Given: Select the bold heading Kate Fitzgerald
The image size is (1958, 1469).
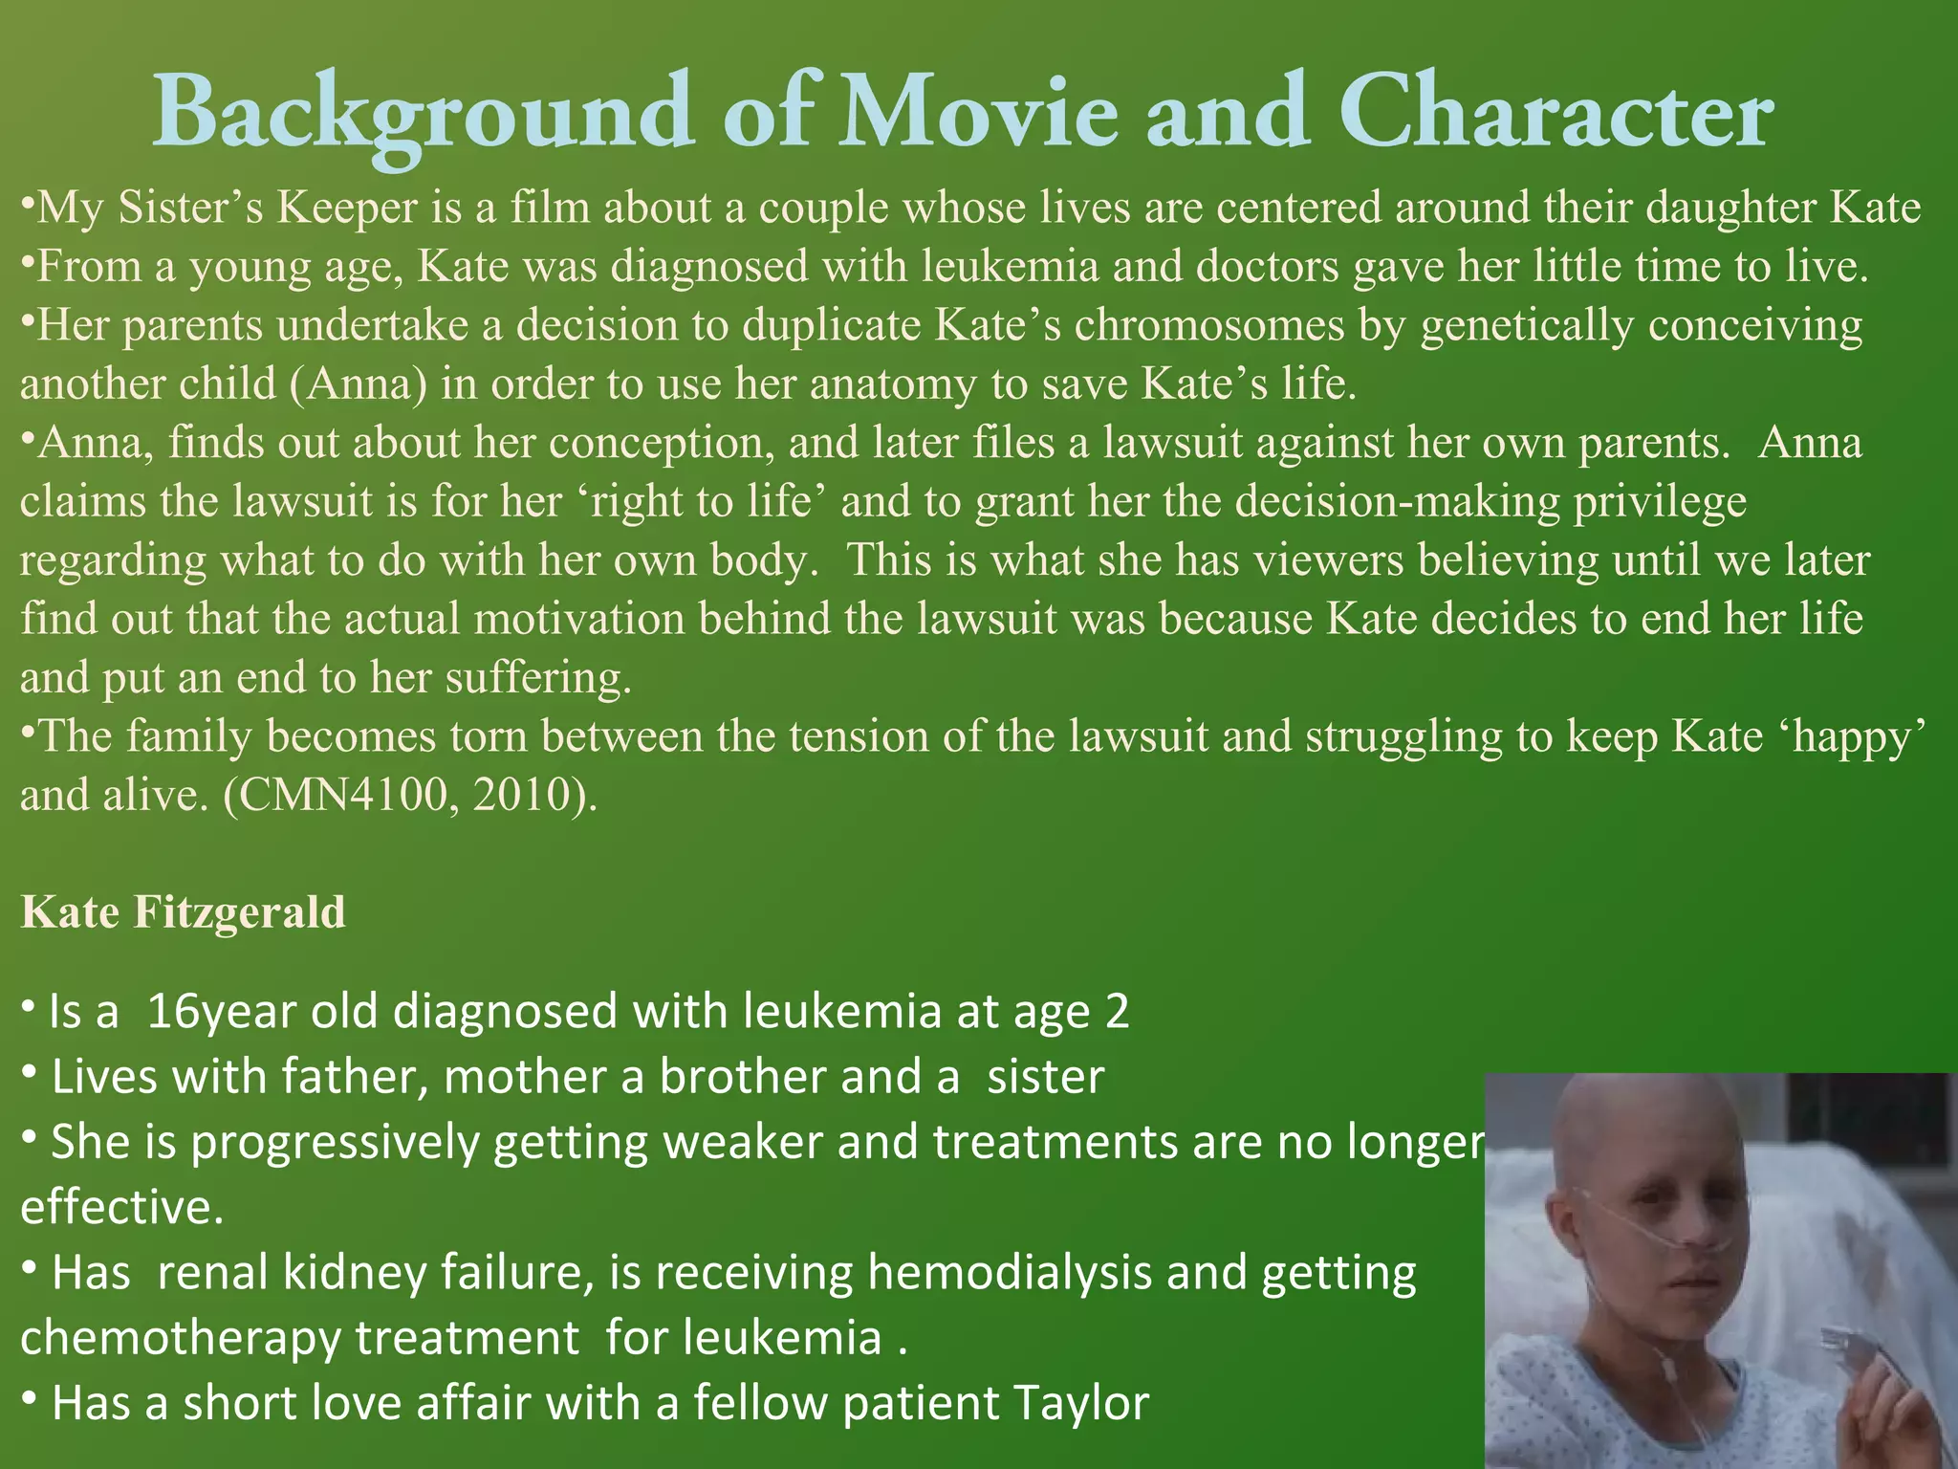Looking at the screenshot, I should click(x=183, y=912).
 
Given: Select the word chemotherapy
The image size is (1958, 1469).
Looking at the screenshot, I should click(x=180, y=1338).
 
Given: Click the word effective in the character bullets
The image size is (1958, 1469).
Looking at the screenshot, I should click(x=120, y=1208).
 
